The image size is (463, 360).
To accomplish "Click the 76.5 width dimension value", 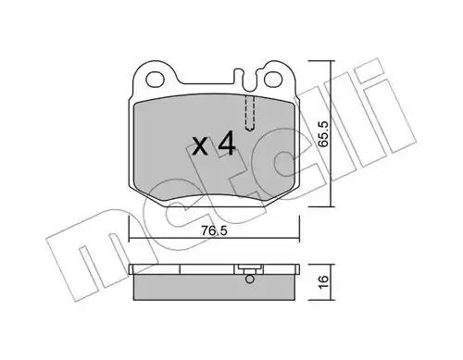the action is [x=214, y=230].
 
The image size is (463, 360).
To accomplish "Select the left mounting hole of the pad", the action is [x=155, y=80].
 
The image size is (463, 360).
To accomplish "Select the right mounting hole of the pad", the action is [x=273, y=79].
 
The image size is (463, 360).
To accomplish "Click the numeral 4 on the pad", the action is [x=227, y=143].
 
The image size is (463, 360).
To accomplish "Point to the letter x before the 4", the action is [x=200, y=146].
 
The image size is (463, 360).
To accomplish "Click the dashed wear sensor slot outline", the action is [x=250, y=113].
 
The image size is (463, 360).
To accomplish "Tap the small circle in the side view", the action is [x=250, y=279].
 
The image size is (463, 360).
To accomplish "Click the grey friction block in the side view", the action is [x=214, y=287].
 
